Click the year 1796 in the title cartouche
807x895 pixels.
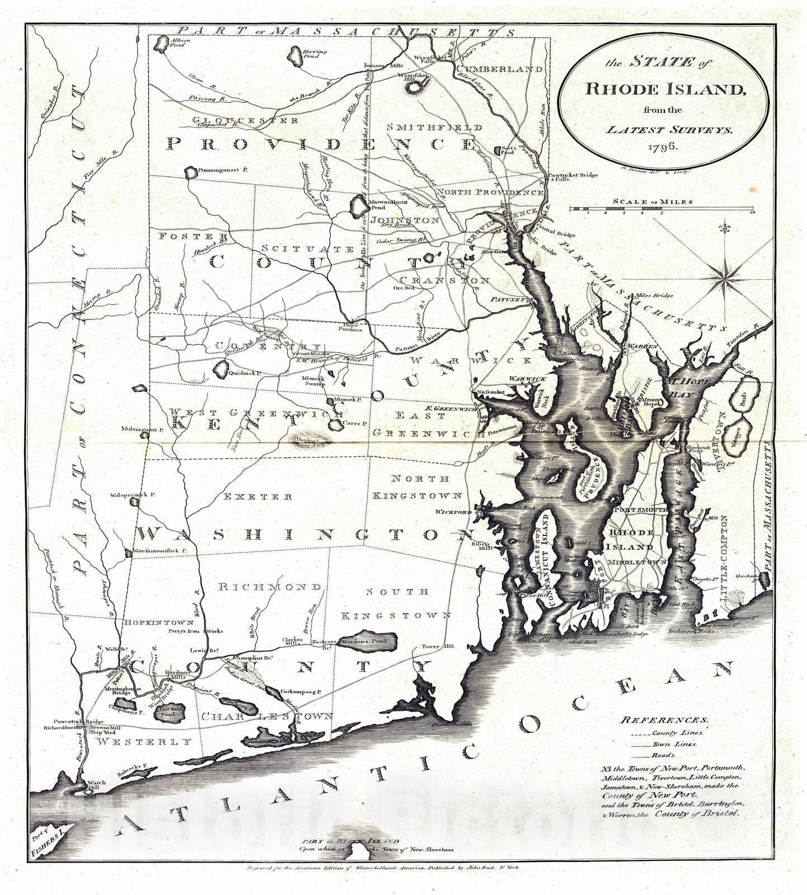pyautogui.click(x=663, y=147)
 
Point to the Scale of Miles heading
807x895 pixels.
pyautogui.click(x=653, y=202)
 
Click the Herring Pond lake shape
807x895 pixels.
pyautogui.click(x=295, y=56)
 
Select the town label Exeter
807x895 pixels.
pyautogui.click(x=258, y=496)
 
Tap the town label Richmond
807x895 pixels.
pyautogui.click(x=269, y=587)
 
